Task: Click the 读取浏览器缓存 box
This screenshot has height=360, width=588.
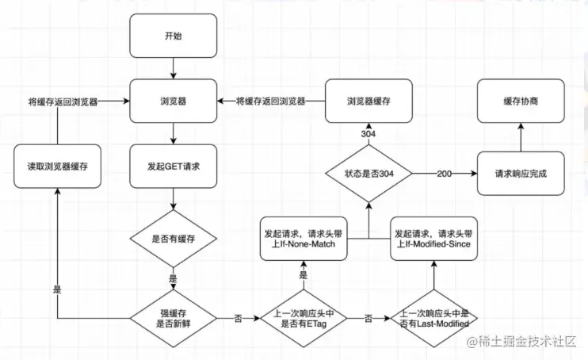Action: point(57,167)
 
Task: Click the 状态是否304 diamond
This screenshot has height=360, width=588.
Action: point(368,172)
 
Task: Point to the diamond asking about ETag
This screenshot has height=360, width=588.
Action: point(304,316)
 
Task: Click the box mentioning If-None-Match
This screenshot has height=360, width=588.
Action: point(304,238)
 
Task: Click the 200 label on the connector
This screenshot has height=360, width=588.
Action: point(445,172)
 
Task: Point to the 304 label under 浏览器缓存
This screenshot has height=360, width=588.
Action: point(368,134)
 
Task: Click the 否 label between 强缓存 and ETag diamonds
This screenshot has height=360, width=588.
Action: point(239,317)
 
